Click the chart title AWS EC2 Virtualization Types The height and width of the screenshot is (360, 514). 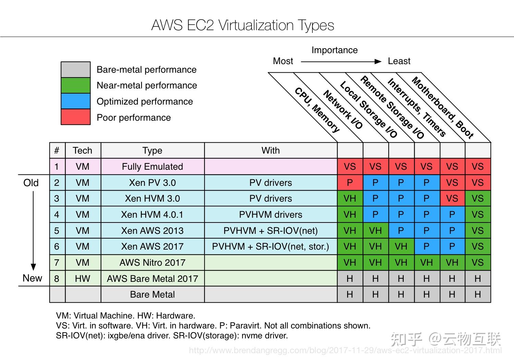pyautogui.click(x=243, y=25)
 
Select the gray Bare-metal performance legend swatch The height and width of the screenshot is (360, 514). pyautogui.click(x=75, y=70)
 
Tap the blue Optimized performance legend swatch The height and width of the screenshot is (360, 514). pyautogui.click(x=75, y=101)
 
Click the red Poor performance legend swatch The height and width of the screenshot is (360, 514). pyautogui.click(x=75, y=117)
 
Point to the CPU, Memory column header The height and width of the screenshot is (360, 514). pyautogui.click(x=317, y=110)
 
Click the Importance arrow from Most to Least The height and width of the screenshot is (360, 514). pyautogui.click(x=341, y=61)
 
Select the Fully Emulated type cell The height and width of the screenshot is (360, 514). pyautogui.click(x=152, y=167)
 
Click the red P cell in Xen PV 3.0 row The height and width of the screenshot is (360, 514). pyautogui.click(x=350, y=183)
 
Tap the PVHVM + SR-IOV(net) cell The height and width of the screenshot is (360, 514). pyautogui.click(x=271, y=231)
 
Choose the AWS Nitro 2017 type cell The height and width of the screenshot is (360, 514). pyautogui.click(x=152, y=263)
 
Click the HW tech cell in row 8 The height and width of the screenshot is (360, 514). pyautogui.click(x=83, y=279)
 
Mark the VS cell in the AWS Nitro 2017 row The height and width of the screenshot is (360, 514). pyautogui.click(x=478, y=263)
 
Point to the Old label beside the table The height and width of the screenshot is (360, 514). pyautogui.click(x=31, y=183)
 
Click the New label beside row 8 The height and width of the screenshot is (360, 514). pyautogui.click(x=32, y=278)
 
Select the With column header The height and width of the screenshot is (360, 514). pyautogui.click(x=271, y=151)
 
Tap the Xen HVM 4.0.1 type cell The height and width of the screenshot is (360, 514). pyautogui.click(x=152, y=215)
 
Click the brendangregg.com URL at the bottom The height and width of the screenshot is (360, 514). pyautogui.click(x=345, y=350)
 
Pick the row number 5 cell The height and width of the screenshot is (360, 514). pyautogui.click(x=57, y=231)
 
